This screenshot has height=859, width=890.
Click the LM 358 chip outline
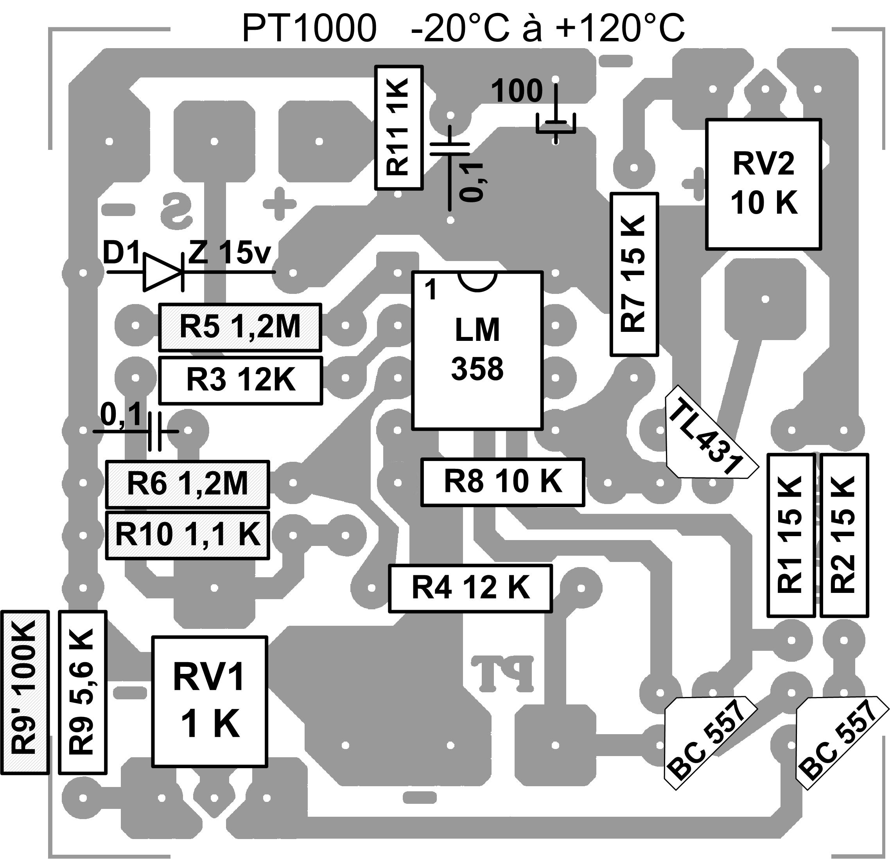(x=477, y=350)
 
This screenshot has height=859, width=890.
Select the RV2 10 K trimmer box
(x=763, y=184)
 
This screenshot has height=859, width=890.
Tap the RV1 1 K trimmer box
(x=209, y=701)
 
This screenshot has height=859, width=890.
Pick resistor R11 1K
(x=399, y=128)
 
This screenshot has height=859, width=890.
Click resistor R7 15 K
(x=634, y=274)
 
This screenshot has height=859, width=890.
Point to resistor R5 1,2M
(x=240, y=327)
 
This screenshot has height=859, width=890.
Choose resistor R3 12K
(x=240, y=380)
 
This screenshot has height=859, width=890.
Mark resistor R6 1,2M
(x=188, y=484)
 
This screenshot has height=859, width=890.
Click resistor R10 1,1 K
(x=188, y=535)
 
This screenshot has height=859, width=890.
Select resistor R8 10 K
(x=502, y=482)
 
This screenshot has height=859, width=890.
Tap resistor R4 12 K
(x=470, y=588)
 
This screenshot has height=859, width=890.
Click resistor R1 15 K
(x=791, y=535)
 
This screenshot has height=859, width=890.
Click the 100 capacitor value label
(x=517, y=91)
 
